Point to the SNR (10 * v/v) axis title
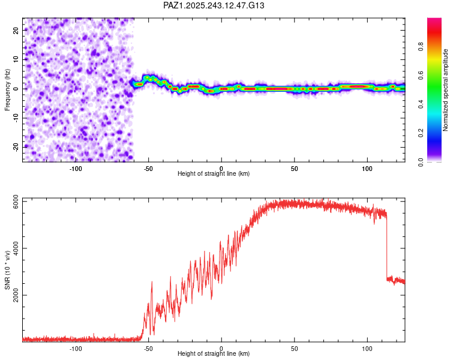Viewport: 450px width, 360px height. coord(7,270)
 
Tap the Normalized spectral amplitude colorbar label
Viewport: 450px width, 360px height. coord(445,90)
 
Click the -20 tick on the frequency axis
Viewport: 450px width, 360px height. coord(14,147)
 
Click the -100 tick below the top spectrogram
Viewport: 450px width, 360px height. coord(76,169)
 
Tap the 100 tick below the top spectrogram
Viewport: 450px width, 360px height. coord(367,169)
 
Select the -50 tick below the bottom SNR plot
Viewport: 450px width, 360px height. coord(148,349)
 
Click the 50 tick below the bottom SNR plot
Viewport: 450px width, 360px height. coord(294,349)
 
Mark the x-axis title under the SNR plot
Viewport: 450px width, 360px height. coord(214,355)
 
